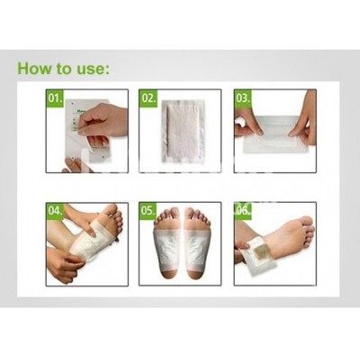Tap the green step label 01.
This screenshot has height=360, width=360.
(x=55, y=98)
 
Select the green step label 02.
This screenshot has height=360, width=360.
(x=148, y=98)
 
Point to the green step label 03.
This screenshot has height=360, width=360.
(x=243, y=98)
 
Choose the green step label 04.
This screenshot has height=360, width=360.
(x=55, y=210)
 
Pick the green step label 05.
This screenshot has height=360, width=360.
(x=148, y=210)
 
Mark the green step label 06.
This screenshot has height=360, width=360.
(x=243, y=210)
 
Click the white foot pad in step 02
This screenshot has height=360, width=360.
(x=182, y=131)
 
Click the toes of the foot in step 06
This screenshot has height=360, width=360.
(x=306, y=233)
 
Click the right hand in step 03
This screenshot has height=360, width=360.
(x=303, y=119)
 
